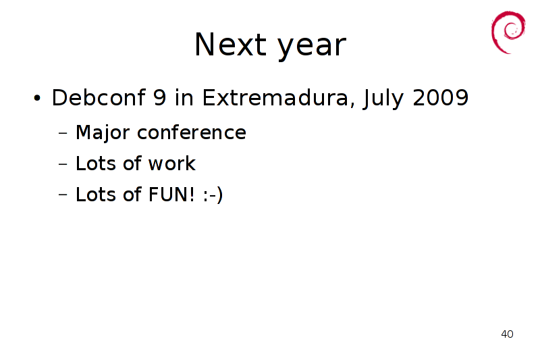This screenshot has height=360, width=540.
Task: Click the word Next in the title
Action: click(x=230, y=45)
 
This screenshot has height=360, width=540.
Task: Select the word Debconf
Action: click(x=99, y=97)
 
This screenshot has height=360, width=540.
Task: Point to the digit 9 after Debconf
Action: click(x=160, y=97)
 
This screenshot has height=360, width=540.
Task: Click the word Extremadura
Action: click(x=278, y=97)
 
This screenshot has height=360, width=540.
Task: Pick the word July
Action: click(x=383, y=99)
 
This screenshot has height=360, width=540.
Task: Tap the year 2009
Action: click(x=441, y=97)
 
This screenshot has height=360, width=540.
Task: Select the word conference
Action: click(x=192, y=132)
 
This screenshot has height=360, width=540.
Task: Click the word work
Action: click(x=172, y=163)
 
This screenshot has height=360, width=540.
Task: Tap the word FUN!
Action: click(x=171, y=195)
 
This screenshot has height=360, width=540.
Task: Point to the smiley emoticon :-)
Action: click(x=213, y=195)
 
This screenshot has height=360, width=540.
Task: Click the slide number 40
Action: click(x=507, y=334)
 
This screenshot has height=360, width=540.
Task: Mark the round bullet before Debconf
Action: click(x=37, y=98)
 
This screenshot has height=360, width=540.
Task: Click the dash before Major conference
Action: click(x=63, y=133)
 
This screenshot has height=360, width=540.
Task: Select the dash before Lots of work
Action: click(x=63, y=164)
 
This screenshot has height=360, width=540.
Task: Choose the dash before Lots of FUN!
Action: click(x=63, y=195)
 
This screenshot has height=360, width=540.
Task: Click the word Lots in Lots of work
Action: click(x=96, y=163)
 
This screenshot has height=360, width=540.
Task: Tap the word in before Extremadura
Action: click(x=184, y=97)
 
